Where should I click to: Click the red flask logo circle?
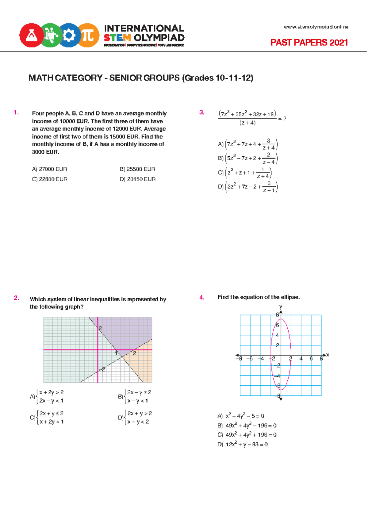(x=31, y=35)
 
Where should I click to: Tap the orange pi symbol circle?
(x=88, y=35)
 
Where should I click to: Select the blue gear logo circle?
(x=69, y=35)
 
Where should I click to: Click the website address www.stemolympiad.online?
(x=316, y=27)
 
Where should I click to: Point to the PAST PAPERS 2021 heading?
(x=309, y=42)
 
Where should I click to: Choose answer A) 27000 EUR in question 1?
(x=49, y=169)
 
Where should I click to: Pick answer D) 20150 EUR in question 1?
(x=137, y=179)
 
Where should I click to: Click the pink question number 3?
(x=201, y=113)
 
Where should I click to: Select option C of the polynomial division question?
(x=244, y=173)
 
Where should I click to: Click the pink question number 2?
(x=16, y=298)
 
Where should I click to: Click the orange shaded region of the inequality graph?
(x=143, y=363)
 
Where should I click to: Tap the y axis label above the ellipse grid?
(x=281, y=307)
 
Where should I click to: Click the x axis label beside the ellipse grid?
(x=328, y=355)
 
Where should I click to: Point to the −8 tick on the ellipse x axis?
(x=239, y=358)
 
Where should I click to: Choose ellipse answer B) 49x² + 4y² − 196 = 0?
(x=247, y=426)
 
